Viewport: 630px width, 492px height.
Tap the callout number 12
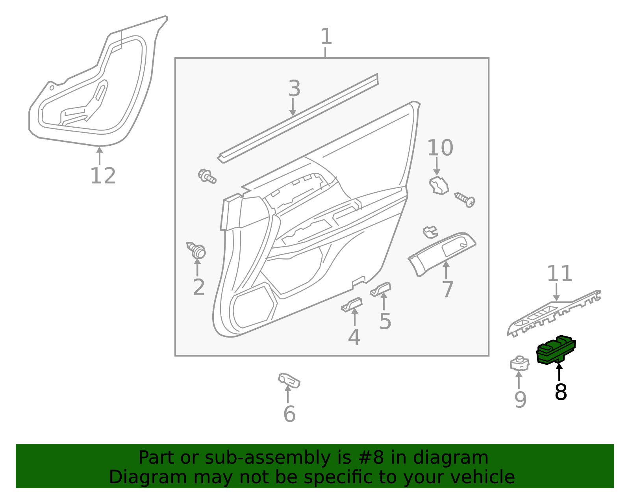(103, 176)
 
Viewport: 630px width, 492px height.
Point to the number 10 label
(440, 148)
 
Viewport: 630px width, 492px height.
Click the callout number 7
(448, 290)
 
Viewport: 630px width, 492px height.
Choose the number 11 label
(559, 273)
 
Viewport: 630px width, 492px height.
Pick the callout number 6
(289, 414)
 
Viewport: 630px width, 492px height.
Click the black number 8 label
(560, 392)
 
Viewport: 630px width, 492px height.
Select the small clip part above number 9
(519, 363)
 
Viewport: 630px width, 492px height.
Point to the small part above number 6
(289, 380)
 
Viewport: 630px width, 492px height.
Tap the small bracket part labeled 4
(352, 304)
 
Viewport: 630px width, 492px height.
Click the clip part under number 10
(438, 186)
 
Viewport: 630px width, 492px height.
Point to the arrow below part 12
(100, 155)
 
